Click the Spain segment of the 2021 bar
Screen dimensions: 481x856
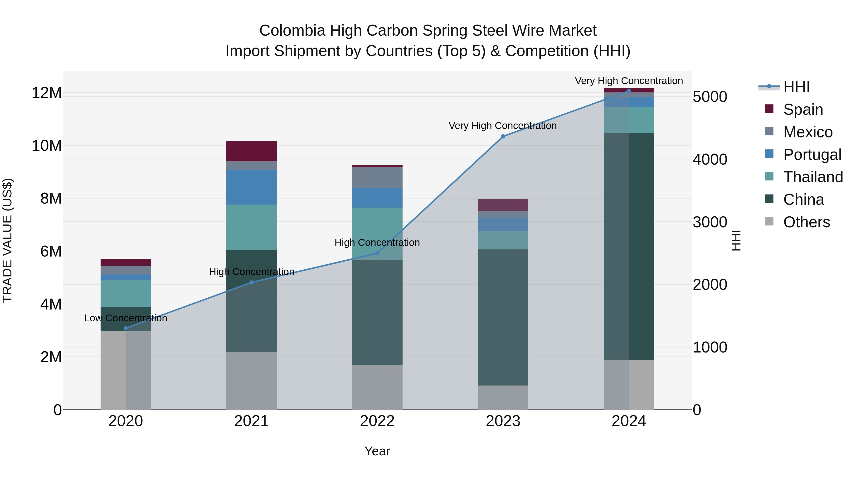click(251, 151)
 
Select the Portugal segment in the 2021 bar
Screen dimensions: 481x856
click(251, 187)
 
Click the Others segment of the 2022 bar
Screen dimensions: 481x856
click(377, 387)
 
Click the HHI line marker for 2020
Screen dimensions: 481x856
click(126, 328)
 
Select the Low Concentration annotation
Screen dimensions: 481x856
click(126, 318)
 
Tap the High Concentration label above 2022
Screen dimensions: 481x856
click(377, 243)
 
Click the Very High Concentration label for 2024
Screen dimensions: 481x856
click(629, 81)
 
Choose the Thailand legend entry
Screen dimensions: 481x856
click(813, 177)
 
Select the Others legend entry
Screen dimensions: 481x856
click(807, 222)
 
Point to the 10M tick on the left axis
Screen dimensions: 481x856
click(47, 146)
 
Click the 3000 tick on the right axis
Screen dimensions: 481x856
click(710, 222)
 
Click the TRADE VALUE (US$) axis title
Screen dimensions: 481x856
click(7, 240)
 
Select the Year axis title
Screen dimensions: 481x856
click(377, 451)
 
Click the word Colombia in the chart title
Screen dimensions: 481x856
click(292, 31)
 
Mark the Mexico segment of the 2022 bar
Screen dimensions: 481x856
click(377, 178)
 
